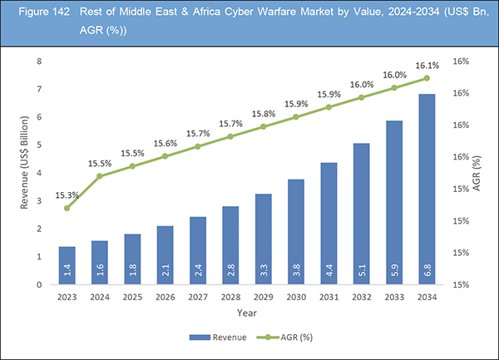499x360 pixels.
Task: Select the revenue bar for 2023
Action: click(x=67, y=266)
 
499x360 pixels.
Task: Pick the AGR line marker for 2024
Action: click(x=100, y=176)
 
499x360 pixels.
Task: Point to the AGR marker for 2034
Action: click(x=426, y=78)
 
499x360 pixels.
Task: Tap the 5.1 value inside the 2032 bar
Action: click(x=361, y=270)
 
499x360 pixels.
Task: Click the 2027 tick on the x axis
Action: click(x=198, y=294)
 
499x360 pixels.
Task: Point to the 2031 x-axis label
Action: click(x=329, y=294)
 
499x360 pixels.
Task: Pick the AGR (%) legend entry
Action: click(x=286, y=338)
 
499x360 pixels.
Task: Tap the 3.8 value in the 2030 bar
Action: click(x=295, y=270)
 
